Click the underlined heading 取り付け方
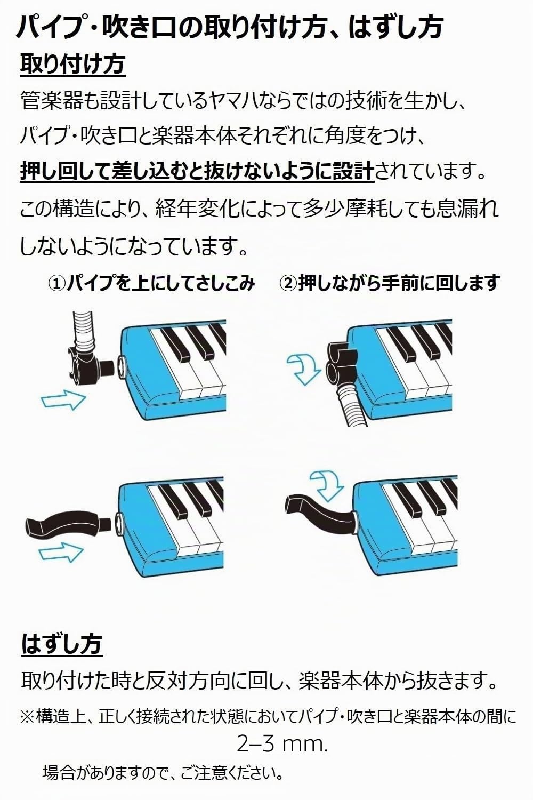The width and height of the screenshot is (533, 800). pyautogui.click(x=73, y=65)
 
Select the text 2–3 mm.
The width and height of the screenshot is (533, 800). pyautogui.click(x=282, y=745)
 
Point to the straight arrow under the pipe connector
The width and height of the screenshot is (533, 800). pyautogui.click(x=63, y=399)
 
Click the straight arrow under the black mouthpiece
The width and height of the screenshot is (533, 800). pyautogui.click(x=61, y=552)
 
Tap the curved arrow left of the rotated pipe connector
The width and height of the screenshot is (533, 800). pyautogui.click(x=303, y=369)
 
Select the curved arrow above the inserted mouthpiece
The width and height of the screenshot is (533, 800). pyautogui.click(x=327, y=486)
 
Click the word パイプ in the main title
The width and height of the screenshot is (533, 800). pyautogui.click(x=50, y=27)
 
